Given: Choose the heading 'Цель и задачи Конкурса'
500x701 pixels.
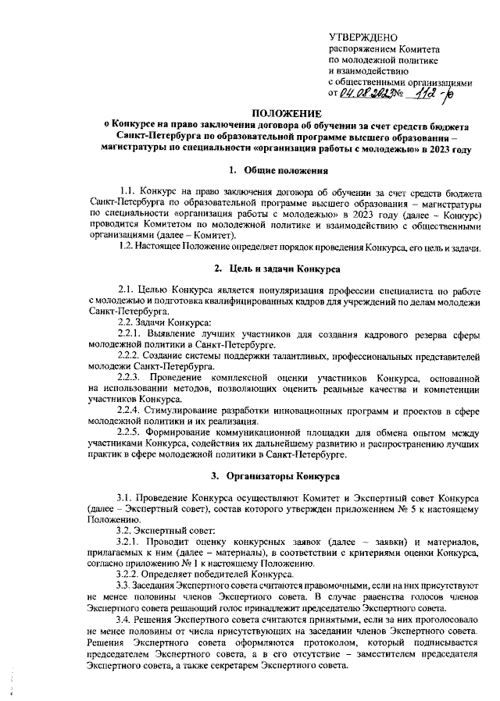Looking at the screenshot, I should [x=287, y=269].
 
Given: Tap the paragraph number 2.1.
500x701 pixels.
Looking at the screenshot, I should [x=124, y=290].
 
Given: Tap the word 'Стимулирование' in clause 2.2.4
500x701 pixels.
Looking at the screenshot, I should [x=193, y=410].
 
